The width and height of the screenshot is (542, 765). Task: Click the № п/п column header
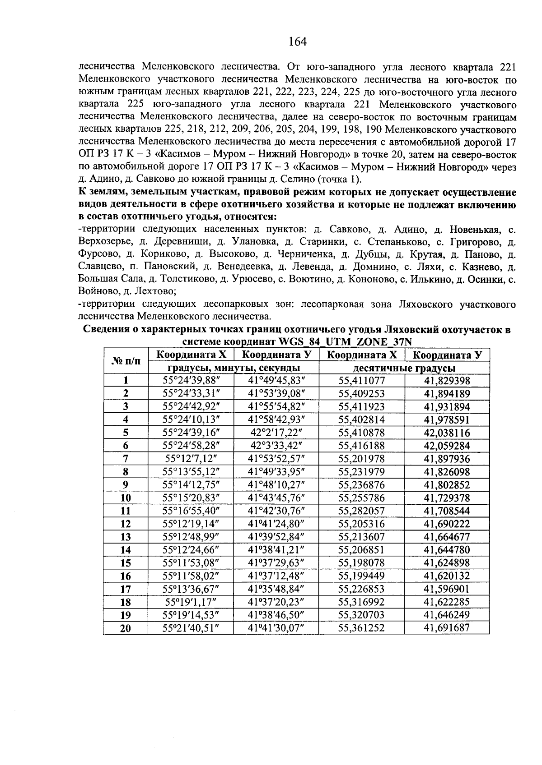126,361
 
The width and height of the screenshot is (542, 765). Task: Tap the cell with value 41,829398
447,381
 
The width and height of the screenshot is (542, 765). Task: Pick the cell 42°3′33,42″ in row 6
276,446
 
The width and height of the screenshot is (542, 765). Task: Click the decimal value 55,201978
362,459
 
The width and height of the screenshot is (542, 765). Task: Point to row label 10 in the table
126,498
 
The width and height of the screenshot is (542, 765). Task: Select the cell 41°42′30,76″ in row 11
276,511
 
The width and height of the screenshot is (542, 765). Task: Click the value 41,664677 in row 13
447,537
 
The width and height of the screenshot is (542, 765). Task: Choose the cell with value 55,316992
362,602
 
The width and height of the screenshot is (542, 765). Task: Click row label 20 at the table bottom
126,628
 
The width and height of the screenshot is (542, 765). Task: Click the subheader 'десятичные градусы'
404,368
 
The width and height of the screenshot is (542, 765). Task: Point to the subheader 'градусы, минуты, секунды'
234,368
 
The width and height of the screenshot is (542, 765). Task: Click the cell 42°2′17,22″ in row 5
276,433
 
